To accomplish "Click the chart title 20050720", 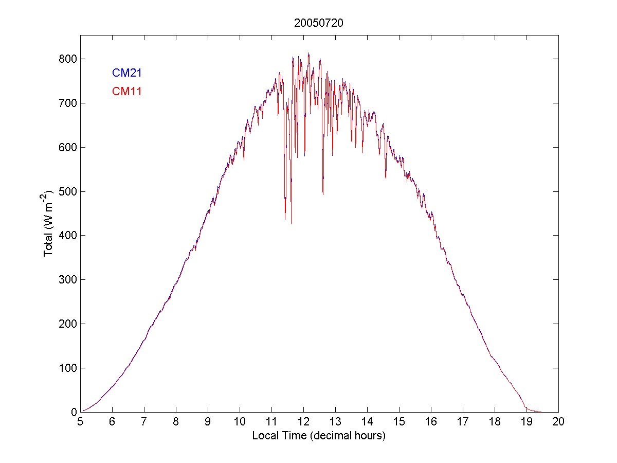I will click(x=319, y=23).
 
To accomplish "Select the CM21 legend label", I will click(x=127, y=73).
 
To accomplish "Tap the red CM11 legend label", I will click(x=127, y=92).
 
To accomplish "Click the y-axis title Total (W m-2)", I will click(x=49, y=223).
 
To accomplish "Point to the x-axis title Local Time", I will click(x=319, y=436).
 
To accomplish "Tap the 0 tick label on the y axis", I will click(x=73, y=412).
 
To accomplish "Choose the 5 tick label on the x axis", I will click(x=80, y=422).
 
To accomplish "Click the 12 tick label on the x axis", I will click(x=303, y=422).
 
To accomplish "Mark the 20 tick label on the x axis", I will click(x=558, y=422).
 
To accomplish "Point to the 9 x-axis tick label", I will click(x=208, y=422).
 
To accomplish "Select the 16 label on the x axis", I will click(x=431, y=422).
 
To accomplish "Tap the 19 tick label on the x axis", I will click(x=527, y=422).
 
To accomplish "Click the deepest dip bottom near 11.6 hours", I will click(x=291, y=223).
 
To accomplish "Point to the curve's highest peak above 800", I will click(x=308, y=53).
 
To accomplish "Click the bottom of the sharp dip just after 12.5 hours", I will click(x=323, y=193).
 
